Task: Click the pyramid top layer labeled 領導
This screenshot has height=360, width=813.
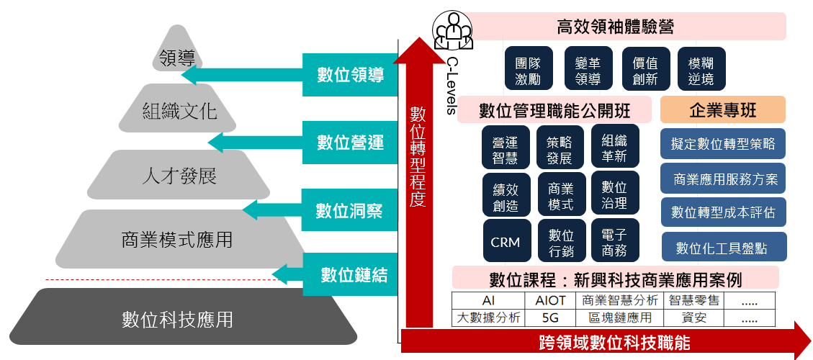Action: point(177,55)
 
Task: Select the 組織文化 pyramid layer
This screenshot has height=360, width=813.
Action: point(179,112)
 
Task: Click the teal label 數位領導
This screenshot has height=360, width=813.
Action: point(350,75)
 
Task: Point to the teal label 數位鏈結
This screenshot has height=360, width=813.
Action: point(354,274)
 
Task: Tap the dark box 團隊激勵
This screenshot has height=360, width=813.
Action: point(527,69)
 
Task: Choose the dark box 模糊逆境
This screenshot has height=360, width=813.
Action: point(701,69)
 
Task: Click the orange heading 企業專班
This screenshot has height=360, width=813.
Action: point(722,110)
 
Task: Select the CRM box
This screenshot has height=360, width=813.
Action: point(506,242)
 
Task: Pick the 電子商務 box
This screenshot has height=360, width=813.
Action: point(614,242)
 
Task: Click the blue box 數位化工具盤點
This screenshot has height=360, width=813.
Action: point(723,248)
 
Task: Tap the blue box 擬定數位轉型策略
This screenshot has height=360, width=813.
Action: point(723,143)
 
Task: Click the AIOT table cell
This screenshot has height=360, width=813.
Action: point(551,300)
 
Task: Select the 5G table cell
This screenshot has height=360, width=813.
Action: point(551,318)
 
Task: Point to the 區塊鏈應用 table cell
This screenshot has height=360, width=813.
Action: point(620,318)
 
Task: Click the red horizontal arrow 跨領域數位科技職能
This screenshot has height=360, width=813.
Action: point(612,342)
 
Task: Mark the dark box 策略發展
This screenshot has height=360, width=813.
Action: point(560,149)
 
